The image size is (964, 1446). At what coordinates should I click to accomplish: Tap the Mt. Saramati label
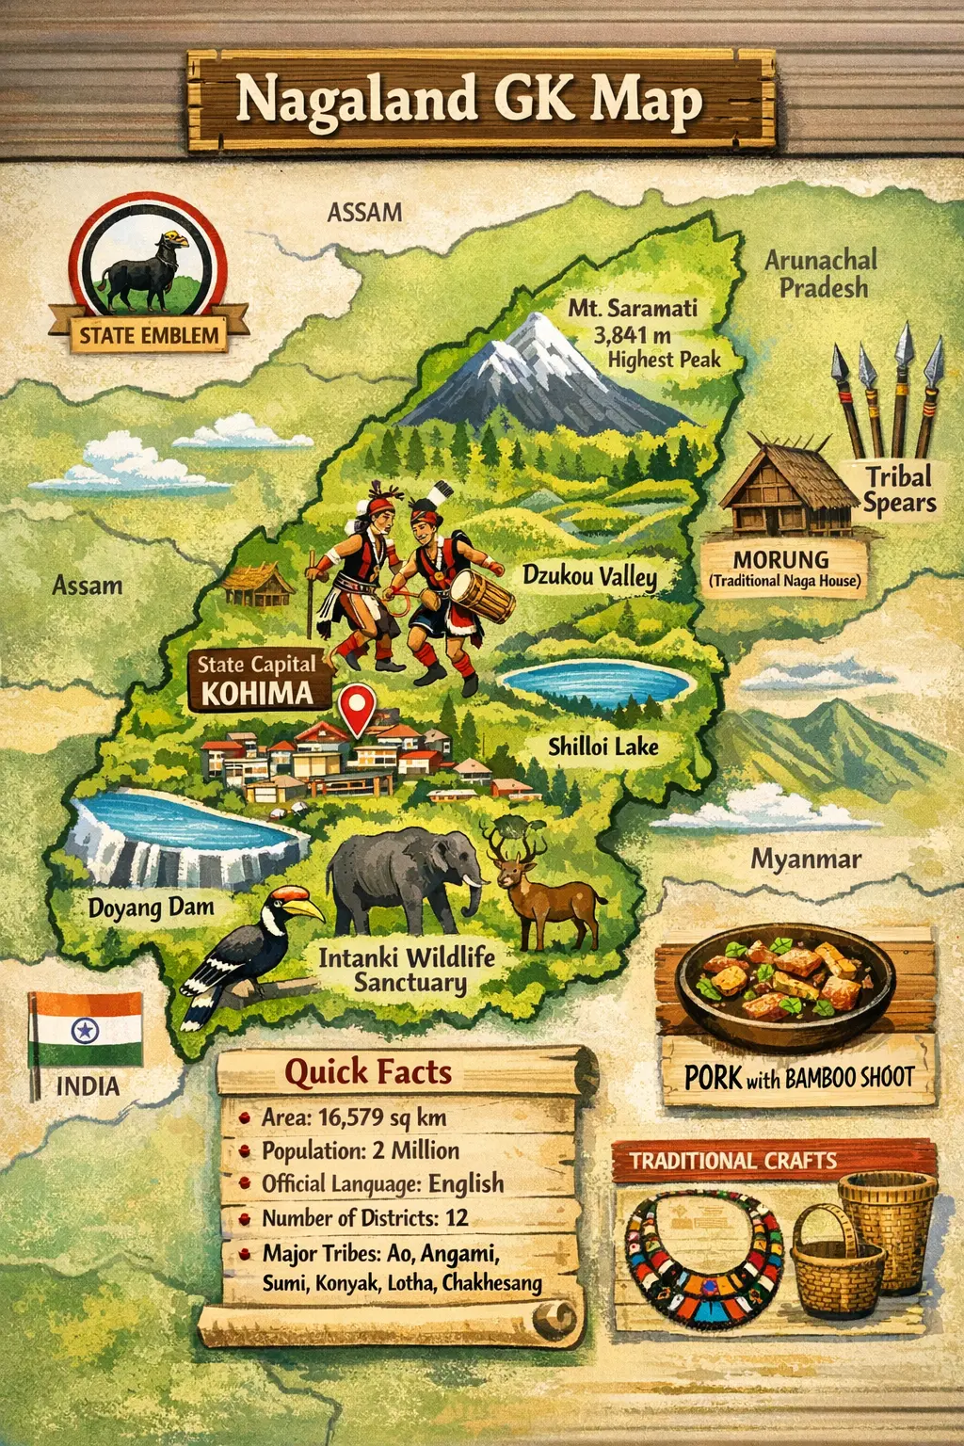(632, 309)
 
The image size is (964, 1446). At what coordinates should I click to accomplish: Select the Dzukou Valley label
(589, 575)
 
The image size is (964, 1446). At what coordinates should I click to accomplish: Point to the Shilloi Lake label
(603, 747)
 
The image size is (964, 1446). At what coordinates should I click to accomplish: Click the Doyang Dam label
(151, 908)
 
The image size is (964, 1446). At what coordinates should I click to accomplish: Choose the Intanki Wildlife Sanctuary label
(407, 970)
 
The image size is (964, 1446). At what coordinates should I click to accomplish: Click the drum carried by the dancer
(482, 599)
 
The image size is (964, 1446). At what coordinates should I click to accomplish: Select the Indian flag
(87, 1029)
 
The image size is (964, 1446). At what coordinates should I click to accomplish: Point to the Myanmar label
(806, 859)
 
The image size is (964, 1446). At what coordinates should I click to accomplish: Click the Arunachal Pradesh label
(821, 273)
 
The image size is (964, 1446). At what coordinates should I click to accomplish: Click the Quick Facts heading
(368, 1072)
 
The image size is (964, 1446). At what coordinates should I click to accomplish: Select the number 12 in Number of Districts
(457, 1217)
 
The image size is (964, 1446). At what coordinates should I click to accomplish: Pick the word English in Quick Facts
(466, 1183)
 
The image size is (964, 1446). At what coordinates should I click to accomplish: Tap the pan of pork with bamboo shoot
(786, 979)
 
